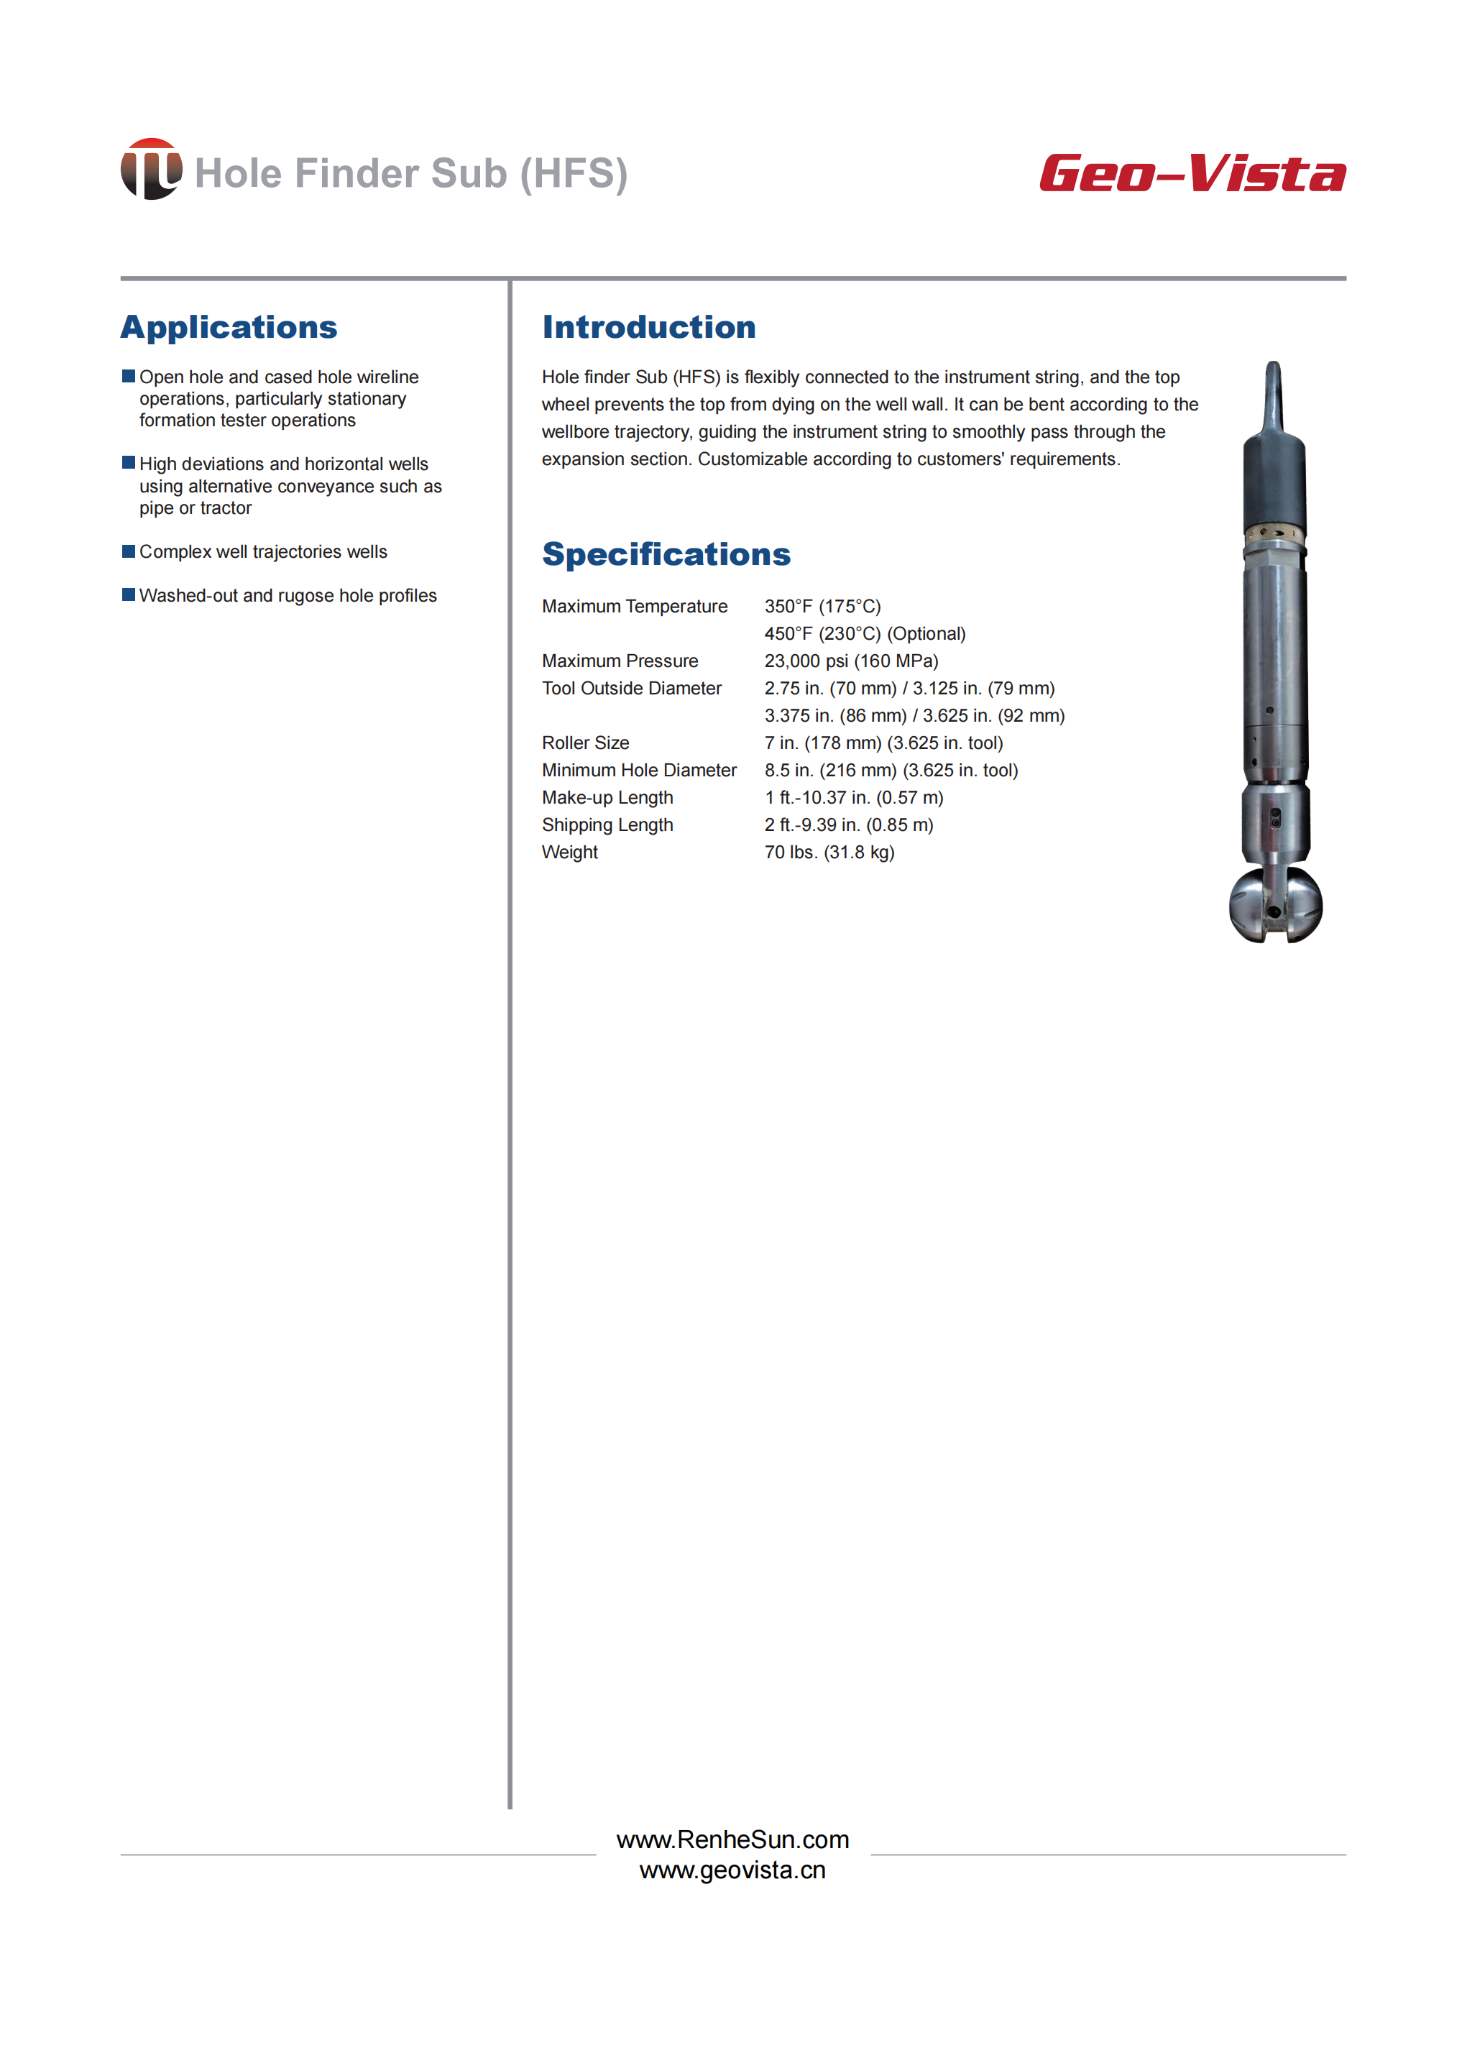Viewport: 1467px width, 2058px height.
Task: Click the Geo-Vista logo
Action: coord(1192,173)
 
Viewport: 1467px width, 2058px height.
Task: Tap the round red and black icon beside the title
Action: coord(151,169)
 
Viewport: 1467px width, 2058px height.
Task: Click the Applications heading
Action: coord(229,327)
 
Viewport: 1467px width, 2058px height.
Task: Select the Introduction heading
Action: coord(648,327)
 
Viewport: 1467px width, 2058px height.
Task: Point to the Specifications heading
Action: coord(666,553)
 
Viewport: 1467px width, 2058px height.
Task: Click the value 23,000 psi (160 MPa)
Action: coord(851,661)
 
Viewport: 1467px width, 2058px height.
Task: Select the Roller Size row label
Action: coord(585,743)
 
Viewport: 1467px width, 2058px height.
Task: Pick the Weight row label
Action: coord(569,852)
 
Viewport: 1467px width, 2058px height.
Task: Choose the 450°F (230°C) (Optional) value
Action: coord(865,633)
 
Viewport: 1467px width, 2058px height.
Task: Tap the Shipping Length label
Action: coord(607,824)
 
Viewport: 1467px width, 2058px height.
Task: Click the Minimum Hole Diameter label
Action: coord(639,770)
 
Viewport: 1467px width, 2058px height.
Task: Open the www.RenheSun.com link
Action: coord(732,1839)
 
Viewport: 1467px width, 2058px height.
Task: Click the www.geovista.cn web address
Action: coord(732,1870)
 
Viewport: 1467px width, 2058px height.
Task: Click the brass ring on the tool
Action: coord(1274,535)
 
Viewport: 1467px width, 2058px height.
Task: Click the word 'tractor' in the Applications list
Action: coord(225,507)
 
